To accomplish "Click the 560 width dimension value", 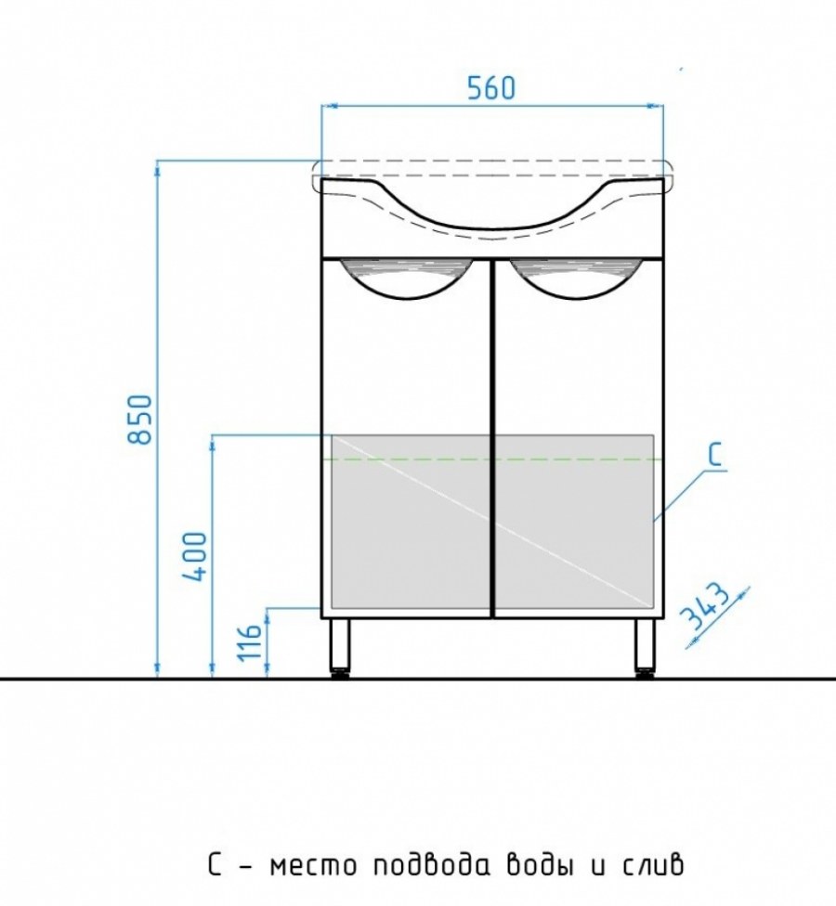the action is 490,88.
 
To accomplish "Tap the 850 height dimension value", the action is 139,419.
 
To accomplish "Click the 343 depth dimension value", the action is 703,607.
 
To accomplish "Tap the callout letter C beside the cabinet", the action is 716,455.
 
